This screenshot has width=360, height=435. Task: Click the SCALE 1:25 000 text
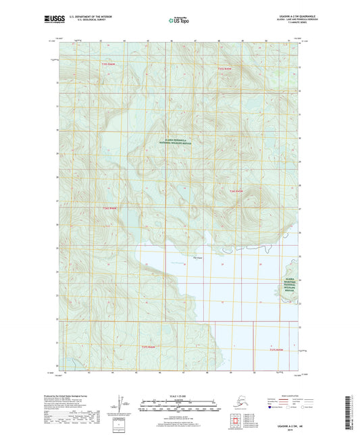(180, 394)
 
